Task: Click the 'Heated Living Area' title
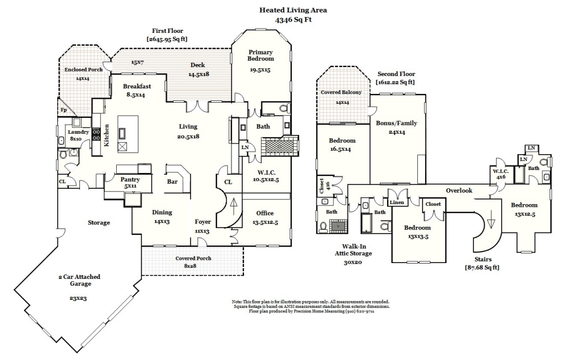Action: tap(293, 10)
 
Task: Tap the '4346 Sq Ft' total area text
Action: tap(293, 19)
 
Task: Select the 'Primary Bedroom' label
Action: tap(261, 56)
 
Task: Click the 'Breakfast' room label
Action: tap(137, 86)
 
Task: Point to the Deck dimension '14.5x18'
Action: tap(198, 74)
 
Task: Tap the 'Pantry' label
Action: tap(127, 179)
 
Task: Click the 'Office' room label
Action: tap(265, 213)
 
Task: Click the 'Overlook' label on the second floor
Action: tap(459, 190)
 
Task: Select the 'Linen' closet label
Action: tap(396, 203)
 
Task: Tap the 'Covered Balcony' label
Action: tap(341, 92)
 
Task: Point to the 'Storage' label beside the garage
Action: tap(99, 223)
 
